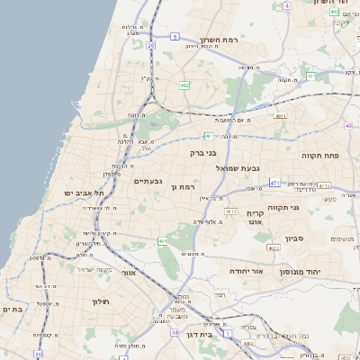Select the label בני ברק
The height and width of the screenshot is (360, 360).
[x=204, y=153]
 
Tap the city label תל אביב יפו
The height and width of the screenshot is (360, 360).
[x=84, y=193]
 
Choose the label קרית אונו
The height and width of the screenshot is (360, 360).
[x=254, y=217]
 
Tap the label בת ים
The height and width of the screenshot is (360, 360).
[x=12, y=309]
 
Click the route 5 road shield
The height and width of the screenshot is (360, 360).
[x=174, y=37]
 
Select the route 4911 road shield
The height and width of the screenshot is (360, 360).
[x=281, y=115]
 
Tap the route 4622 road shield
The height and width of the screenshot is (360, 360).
[x=274, y=247]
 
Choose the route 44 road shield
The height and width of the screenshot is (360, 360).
[x=173, y=331]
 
